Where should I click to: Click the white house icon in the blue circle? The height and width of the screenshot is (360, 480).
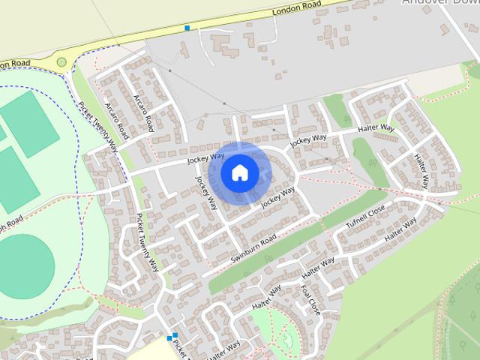click(x=239, y=172)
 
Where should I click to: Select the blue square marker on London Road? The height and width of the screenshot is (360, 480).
click(x=187, y=28)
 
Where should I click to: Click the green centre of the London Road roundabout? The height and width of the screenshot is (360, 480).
click(x=61, y=62)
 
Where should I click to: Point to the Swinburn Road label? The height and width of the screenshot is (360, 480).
click(x=253, y=247)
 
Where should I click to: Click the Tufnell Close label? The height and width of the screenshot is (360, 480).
click(x=365, y=217)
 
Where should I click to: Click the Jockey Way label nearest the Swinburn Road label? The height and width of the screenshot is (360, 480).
click(x=277, y=196)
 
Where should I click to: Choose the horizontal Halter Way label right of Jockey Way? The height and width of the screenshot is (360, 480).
click(x=377, y=128)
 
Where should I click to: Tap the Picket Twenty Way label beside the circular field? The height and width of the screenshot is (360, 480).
click(x=147, y=242)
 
